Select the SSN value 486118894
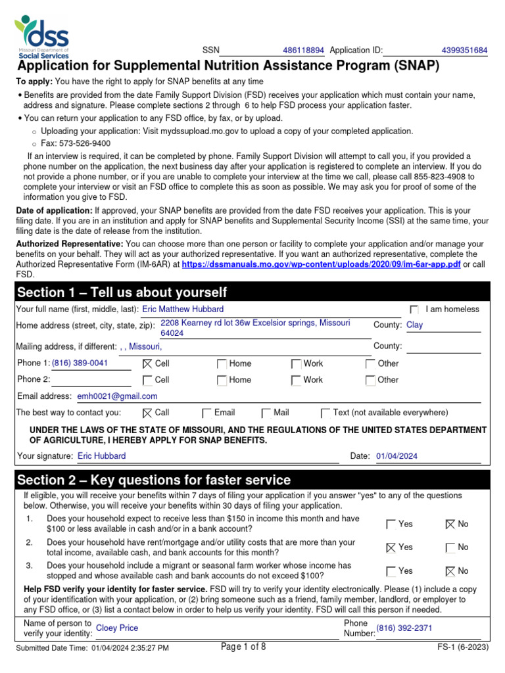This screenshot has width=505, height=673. pos(303,51)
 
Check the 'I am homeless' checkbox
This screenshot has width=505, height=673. pos(414,310)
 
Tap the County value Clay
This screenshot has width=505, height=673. pos(415,325)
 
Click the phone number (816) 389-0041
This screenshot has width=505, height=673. pos(80,363)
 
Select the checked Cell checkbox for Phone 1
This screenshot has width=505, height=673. pos(147,363)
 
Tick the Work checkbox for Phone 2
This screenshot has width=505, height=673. pos(297,380)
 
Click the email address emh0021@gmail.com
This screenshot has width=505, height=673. pos(118,396)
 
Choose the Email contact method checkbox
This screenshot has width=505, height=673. pos(207,413)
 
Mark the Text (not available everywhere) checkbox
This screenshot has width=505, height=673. pos(325,413)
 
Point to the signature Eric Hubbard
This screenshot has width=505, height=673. pos(102,456)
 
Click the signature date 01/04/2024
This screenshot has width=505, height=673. pos(397,456)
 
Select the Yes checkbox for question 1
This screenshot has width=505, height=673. pos(391,524)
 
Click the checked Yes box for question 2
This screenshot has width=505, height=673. pos(391,547)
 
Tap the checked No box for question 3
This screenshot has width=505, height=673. pos(450,571)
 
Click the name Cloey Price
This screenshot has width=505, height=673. pos(117,628)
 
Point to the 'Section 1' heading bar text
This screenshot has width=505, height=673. pos(122,292)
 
